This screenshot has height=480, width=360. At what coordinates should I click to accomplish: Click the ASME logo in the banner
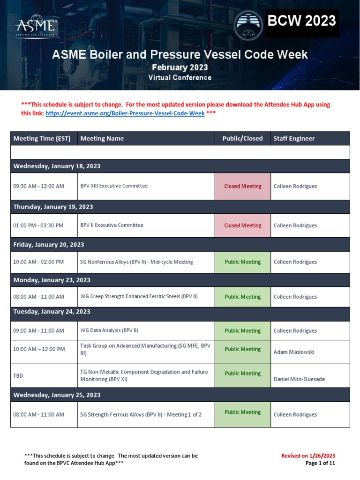click(x=37, y=28)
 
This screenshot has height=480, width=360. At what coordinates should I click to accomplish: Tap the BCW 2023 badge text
click(x=302, y=21)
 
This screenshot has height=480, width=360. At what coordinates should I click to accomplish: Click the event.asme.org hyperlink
click(x=125, y=113)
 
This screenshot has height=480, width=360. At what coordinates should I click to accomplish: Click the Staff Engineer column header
click(x=294, y=138)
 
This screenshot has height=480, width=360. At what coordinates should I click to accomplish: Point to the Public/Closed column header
click(x=242, y=138)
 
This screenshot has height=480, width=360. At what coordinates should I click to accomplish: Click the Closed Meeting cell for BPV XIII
click(x=243, y=186)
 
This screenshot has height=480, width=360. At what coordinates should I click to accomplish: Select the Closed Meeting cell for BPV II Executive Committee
click(x=243, y=225)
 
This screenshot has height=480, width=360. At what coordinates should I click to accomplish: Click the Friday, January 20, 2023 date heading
click(x=49, y=244)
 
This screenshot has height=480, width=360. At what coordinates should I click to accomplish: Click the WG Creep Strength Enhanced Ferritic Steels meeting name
click(x=139, y=297)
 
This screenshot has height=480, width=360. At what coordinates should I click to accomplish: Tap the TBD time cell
click(x=18, y=376)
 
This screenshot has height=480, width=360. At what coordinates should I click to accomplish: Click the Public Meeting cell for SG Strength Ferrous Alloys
click(x=243, y=412)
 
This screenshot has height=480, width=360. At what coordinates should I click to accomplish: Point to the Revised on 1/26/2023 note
click(x=308, y=456)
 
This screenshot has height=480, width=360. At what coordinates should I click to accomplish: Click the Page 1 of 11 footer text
click(x=320, y=463)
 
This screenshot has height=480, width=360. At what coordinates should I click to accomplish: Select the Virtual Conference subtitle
click(x=180, y=78)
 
